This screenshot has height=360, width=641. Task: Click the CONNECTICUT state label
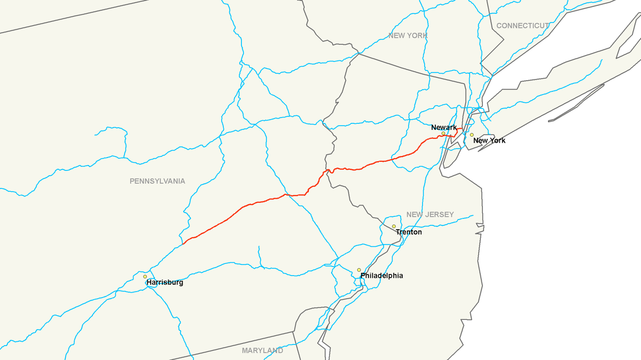point(522,26)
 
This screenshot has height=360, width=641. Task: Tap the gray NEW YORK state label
point(408,36)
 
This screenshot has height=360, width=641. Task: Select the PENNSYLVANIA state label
point(157,181)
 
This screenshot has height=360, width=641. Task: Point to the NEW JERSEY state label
point(430,215)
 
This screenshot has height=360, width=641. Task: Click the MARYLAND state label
point(262,351)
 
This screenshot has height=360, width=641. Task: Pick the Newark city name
point(444,128)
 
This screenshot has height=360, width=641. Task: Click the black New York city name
point(489,140)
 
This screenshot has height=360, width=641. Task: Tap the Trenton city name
point(409,232)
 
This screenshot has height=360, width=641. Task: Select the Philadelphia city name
point(381,276)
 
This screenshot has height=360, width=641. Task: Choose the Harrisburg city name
point(165,283)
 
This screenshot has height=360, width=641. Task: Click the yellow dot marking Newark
point(443,134)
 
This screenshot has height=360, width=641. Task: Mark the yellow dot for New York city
point(472,135)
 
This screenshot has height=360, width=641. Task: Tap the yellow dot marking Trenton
point(394,226)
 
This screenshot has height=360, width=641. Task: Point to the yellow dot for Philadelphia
point(359,270)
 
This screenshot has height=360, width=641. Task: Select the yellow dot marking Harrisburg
point(145,277)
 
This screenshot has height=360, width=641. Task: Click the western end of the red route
point(183,244)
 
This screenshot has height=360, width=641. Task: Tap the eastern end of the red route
point(462,129)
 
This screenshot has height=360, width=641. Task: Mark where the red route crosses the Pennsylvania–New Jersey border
point(327,170)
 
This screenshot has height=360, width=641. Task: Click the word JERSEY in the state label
point(440,215)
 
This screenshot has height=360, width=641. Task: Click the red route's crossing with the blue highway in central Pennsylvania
point(286,195)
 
